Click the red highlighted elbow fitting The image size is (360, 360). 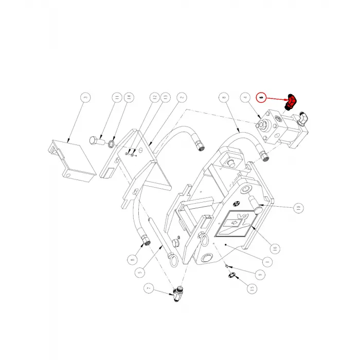[x=291, y=103]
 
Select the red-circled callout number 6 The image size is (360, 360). [x=261, y=97]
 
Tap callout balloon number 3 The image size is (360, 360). [x=85, y=97]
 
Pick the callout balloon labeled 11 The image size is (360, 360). [x=117, y=97]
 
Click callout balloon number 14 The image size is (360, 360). [x=129, y=97]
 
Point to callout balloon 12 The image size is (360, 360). [x=154, y=97]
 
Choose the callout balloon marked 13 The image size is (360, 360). [x=165, y=97]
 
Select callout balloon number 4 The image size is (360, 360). [x=245, y=97]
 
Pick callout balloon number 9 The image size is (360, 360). [x=259, y=274]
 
